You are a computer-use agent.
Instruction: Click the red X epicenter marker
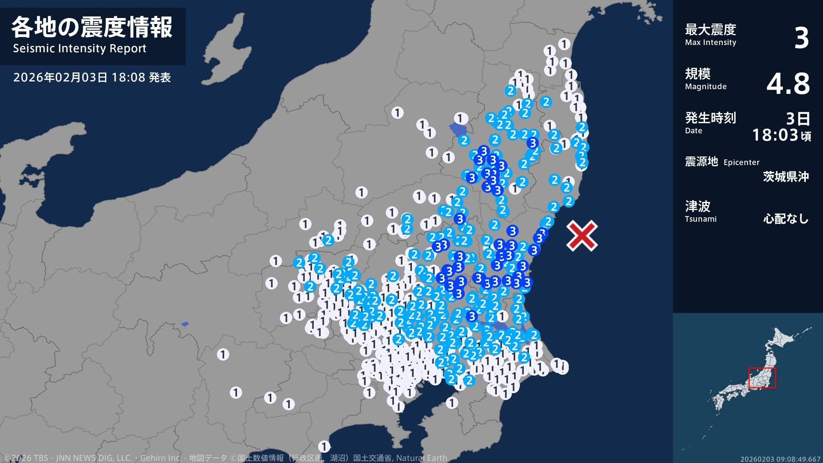coord(582,235)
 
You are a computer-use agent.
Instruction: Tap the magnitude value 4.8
coord(788,84)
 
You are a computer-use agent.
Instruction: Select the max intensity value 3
coord(801,38)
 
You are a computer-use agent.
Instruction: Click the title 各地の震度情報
coord(92,27)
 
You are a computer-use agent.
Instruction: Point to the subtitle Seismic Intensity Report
coord(80,48)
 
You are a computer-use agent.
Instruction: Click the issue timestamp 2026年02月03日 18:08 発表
coord(92,78)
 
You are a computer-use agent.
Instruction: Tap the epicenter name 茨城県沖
coord(786,177)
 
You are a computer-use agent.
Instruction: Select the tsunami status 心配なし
coord(786,219)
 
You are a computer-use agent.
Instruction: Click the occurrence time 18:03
coord(775,135)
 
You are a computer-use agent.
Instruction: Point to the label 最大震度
coord(710,30)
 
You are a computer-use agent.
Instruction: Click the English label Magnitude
coord(706,87)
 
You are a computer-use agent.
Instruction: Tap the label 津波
coord(697,206)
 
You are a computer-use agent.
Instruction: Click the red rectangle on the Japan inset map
coord(762,378)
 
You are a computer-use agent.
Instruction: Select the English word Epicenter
coord(741,162)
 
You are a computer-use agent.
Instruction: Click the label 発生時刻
coord(710,117)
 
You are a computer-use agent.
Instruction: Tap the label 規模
coord(697,74)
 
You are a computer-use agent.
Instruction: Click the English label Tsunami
coord(700,219)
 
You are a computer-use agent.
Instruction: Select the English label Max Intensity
coord(710,42)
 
